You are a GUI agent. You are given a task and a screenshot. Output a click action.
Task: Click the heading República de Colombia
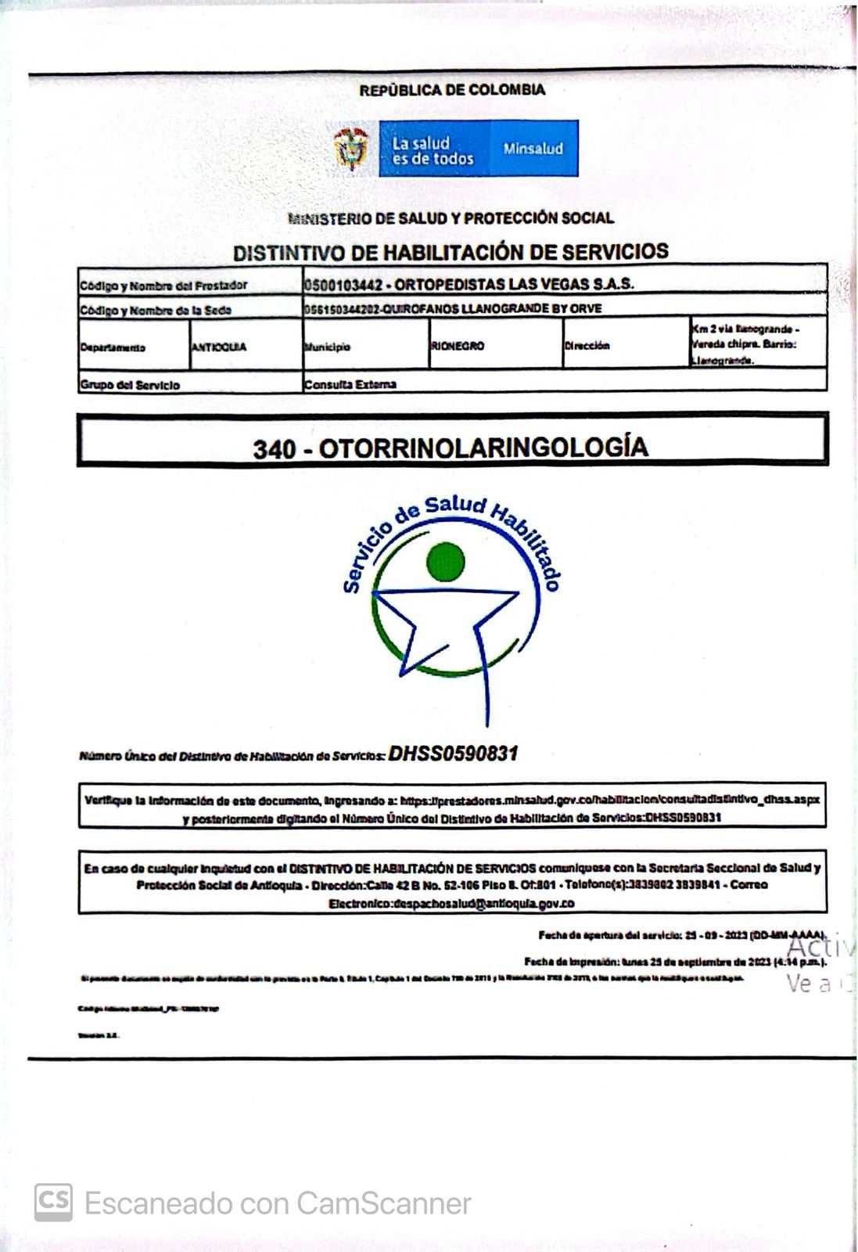(x=452, y=90)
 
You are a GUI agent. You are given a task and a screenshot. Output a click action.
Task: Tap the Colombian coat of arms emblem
(x=351, y=149)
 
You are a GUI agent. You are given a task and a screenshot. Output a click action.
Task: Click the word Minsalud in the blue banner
(x=533, y=149)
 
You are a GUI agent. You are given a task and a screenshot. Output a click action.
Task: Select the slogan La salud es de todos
(x=433, y=150)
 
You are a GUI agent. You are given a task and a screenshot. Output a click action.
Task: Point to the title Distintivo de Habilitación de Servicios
(x=451, y=252)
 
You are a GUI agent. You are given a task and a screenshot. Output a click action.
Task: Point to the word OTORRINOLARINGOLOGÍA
(x=483, y=447)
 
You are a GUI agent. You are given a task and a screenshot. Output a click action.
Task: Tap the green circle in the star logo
(x=446, y=560)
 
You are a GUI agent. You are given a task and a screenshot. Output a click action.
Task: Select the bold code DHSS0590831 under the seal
(x=453, y=754)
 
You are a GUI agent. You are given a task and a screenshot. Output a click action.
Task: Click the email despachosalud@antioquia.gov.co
(x=486, y=904)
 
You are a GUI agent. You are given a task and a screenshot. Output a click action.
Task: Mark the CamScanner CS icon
(x=53, y=1202)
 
